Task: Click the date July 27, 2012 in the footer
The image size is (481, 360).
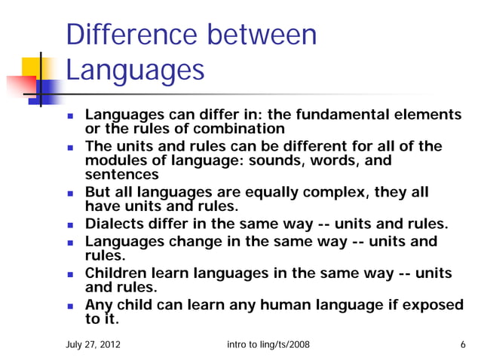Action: tap(93, 345)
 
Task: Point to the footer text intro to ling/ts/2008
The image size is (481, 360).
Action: tap(268, 345)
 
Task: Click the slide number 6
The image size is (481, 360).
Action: tap(462, 345)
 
